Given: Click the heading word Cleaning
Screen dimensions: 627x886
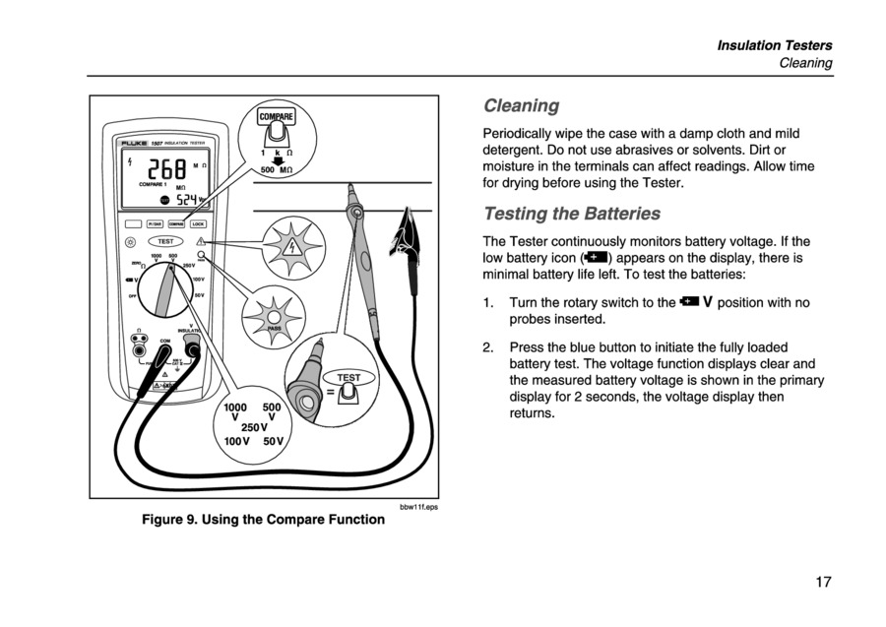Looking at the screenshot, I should pyautogui.click(x=521, y=105).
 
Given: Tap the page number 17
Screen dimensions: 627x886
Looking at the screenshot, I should pyautogui.click(x=823, y=582).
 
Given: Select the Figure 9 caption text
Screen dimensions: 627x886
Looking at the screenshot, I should pyautogui.click(x=264, y=519).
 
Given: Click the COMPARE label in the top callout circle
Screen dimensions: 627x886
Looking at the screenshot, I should pyautogui.click(x=276, y=116).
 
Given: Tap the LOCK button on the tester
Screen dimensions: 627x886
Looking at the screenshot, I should pyautogui.click(x=198, y=224).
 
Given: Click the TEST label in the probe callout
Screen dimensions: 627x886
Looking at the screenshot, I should pyautogui.click(x=348, y=378).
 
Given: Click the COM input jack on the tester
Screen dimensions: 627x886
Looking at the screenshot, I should pyautogui.click(x=166, y=349).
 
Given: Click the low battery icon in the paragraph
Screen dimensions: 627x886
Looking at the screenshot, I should pyautogui.click(x=597, y=259).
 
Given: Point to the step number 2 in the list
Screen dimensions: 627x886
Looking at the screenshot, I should pyautogui.click(x=488, y=347).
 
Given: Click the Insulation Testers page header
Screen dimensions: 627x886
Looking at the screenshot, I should pyautogui.click(x=774, y=45).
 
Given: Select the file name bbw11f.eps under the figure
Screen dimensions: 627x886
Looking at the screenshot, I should pyautogui.click(x=418, y=507).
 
